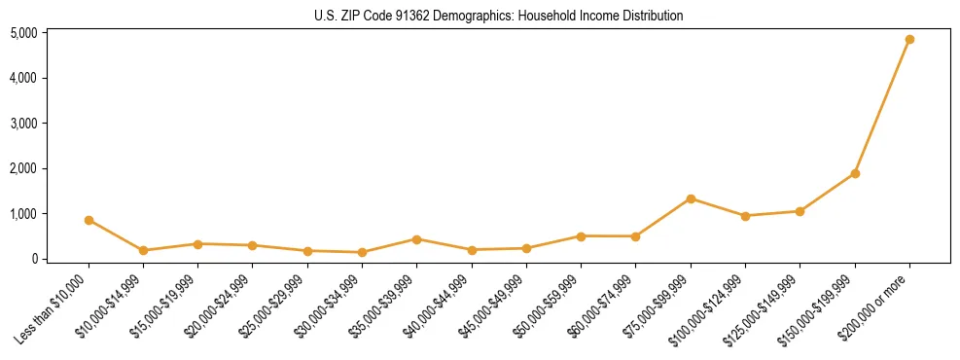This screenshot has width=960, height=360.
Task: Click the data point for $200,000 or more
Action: pyautogui.click(x=909, y=39)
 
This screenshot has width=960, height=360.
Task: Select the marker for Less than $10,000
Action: pyautogui.click(x=89, y=220)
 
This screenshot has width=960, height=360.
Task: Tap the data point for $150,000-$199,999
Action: pyautogui.click(x=855, y=173)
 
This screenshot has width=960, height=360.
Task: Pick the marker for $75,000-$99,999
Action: pyautogui.click(x=691, y=198)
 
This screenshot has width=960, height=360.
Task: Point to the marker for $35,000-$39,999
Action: pyautogui.click(x=416, y=239)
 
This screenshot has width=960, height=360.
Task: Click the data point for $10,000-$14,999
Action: pyautogui.click(x=143, y=250)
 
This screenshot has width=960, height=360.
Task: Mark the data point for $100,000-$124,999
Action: pyautogui.click(x=745, y=216)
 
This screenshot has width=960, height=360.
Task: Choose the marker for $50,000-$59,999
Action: pyautogui.click(x=581, y=235)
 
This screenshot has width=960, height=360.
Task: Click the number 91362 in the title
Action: pyautogui.click(x=395, y=17)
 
